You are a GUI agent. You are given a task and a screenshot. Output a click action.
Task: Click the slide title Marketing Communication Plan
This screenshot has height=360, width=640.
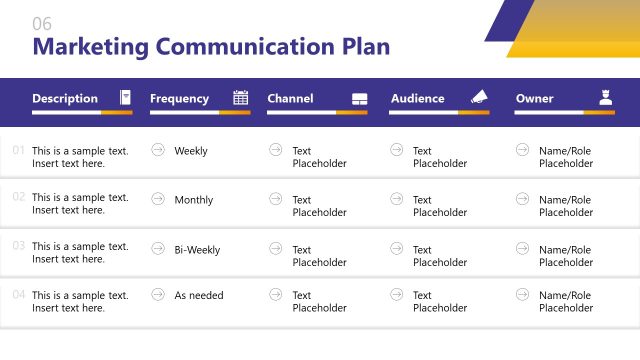(x=211, y=47)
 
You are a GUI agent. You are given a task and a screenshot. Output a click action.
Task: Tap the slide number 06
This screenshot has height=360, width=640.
(x=42, y=24)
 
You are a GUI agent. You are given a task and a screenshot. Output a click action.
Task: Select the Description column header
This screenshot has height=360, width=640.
(x=65, y=98)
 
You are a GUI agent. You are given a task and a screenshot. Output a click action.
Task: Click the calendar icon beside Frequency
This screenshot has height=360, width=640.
(x=241, y=98)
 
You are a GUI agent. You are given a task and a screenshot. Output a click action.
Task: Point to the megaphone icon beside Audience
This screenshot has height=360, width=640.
(x=479, y=98)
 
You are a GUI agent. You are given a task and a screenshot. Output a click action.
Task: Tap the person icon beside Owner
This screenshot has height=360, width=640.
(x=605, y=98)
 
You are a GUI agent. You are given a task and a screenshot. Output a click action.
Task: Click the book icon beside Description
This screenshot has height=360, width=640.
(x=125, y=98)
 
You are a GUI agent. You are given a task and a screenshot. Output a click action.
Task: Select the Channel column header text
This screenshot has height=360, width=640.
(x=290, y=98)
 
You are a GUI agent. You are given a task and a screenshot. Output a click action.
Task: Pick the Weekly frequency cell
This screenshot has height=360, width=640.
(x=191, y=151)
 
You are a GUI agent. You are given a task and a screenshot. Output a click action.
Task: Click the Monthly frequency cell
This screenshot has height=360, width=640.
(x=194, y=200)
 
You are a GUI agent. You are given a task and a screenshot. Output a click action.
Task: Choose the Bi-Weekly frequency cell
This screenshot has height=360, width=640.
(x=197, y=250)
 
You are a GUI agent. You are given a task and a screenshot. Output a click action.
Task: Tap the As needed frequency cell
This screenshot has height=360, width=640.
(x=199, y=296)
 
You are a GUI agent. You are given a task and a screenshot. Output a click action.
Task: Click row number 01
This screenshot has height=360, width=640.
(x=19, y=151)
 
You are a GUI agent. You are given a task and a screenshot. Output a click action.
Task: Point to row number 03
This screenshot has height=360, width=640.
(x=19, y=245)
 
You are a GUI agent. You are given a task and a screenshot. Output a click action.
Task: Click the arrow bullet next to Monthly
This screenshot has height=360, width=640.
(x=158, y=199)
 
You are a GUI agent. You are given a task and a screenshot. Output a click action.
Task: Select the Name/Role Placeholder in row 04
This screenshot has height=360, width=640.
(x=566, y=302)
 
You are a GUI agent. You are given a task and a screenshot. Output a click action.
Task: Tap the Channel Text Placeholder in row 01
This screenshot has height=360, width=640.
(x=319, y=157)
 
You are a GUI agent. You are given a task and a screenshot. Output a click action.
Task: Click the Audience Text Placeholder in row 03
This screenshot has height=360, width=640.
(x=440, y=256)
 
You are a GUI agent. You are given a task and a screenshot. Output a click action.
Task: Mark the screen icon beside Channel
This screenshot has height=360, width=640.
(x=360, y=99)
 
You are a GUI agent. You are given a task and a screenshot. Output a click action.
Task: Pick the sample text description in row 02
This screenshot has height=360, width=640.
(x=80, y=204)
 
